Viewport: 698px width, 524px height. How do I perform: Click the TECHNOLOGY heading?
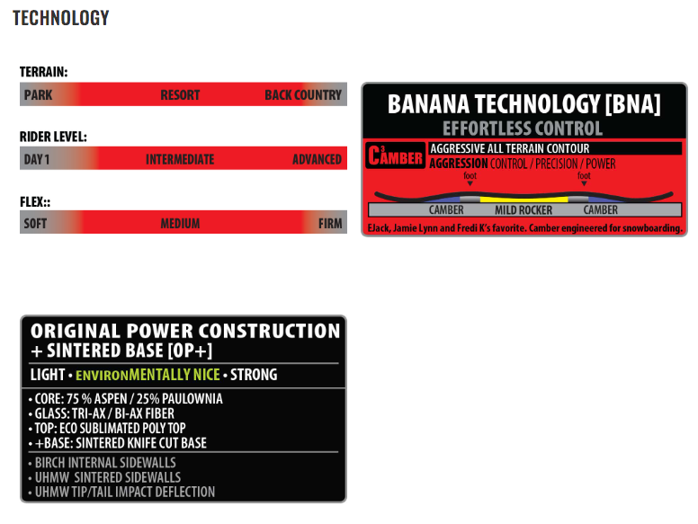[x=60, y=18]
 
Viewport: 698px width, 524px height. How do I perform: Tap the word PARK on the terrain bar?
[x=39, y=94]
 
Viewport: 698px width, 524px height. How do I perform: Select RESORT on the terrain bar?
[x=180, y=94]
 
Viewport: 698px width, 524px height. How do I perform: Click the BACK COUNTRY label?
[x=303, y=94]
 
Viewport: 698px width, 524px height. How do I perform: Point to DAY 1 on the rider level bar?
[x=37, y=159]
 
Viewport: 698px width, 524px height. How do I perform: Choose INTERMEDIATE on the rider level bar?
[x=180, y=159]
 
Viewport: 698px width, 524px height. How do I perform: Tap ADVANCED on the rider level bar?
[x=317, y=159]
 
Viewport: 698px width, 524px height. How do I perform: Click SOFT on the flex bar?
[x=35, y=223]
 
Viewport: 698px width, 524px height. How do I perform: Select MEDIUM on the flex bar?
[x=180, y=223]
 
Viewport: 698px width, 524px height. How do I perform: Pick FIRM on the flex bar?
[x=330, y=223]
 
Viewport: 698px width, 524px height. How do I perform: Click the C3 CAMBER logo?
[x=395, y=155]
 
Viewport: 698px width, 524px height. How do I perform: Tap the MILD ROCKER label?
[x=523, y=210]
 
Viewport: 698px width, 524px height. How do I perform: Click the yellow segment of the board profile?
[x=523, y=200]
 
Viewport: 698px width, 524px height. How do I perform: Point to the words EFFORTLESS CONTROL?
[x=523, y=129]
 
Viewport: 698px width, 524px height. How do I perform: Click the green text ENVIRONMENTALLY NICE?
[x=148, y=375]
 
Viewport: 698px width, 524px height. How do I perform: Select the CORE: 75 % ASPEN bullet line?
[x=126, y=398]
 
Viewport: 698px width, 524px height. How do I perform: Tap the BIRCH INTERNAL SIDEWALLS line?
[x=102, y=463]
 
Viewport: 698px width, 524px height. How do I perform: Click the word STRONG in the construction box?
[x=254, y=375]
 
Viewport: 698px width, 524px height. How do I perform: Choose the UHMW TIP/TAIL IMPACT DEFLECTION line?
[x=121, y=492]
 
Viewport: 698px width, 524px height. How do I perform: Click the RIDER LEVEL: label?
[x=53, y=137]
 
